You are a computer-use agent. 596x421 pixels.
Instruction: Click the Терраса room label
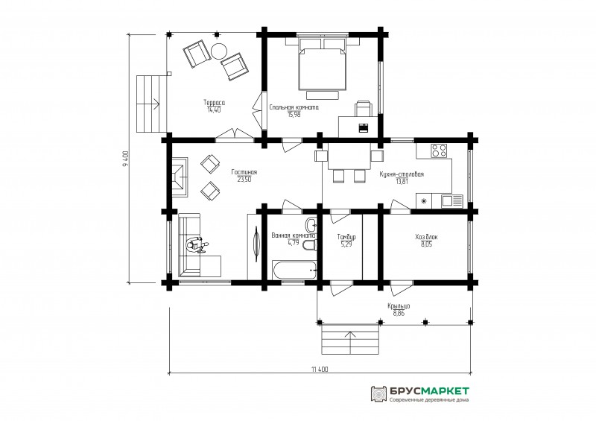[x=214, y=102]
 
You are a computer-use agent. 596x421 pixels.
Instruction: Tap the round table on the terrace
[x=219, y=51]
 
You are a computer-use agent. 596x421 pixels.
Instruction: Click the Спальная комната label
[x=294, y=107]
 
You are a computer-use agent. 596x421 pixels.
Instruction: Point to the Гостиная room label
[x=244, y=172]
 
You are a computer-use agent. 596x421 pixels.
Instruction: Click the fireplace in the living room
[x=180, y=177]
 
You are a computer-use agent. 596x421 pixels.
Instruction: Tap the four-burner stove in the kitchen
[x=439, y=151]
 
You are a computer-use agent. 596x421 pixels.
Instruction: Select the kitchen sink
[x=451, y=201]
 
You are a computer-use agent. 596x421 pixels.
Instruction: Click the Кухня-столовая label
[x=402, y=174]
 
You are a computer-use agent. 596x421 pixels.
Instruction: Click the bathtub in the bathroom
[x=294, y=270]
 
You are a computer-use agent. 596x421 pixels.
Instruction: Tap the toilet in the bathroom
[x=310, y=245]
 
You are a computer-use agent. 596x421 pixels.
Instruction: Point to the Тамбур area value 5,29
[x=346, y=244]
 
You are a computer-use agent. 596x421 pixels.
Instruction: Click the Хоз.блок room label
[x=426, y=237]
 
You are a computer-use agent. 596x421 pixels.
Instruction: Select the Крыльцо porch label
[x=399, y=306]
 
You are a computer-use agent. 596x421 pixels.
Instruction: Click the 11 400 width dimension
[x=320, y=369]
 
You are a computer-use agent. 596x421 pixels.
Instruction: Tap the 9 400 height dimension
[x=127, y=159]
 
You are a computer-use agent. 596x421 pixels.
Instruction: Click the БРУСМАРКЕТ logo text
[x=429, y=391]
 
